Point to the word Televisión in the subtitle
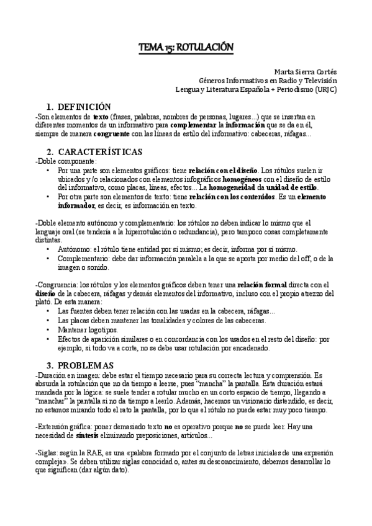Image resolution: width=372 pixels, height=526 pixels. pyautogui.click(x=318, y=81)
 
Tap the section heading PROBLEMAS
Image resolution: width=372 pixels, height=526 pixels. pyautogui.click(x=86, y=364)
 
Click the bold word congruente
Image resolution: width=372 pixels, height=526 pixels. pyautogui.click(x=112, y=134)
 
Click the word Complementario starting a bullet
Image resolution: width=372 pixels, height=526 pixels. pyautogui.click(x=82, y=258)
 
